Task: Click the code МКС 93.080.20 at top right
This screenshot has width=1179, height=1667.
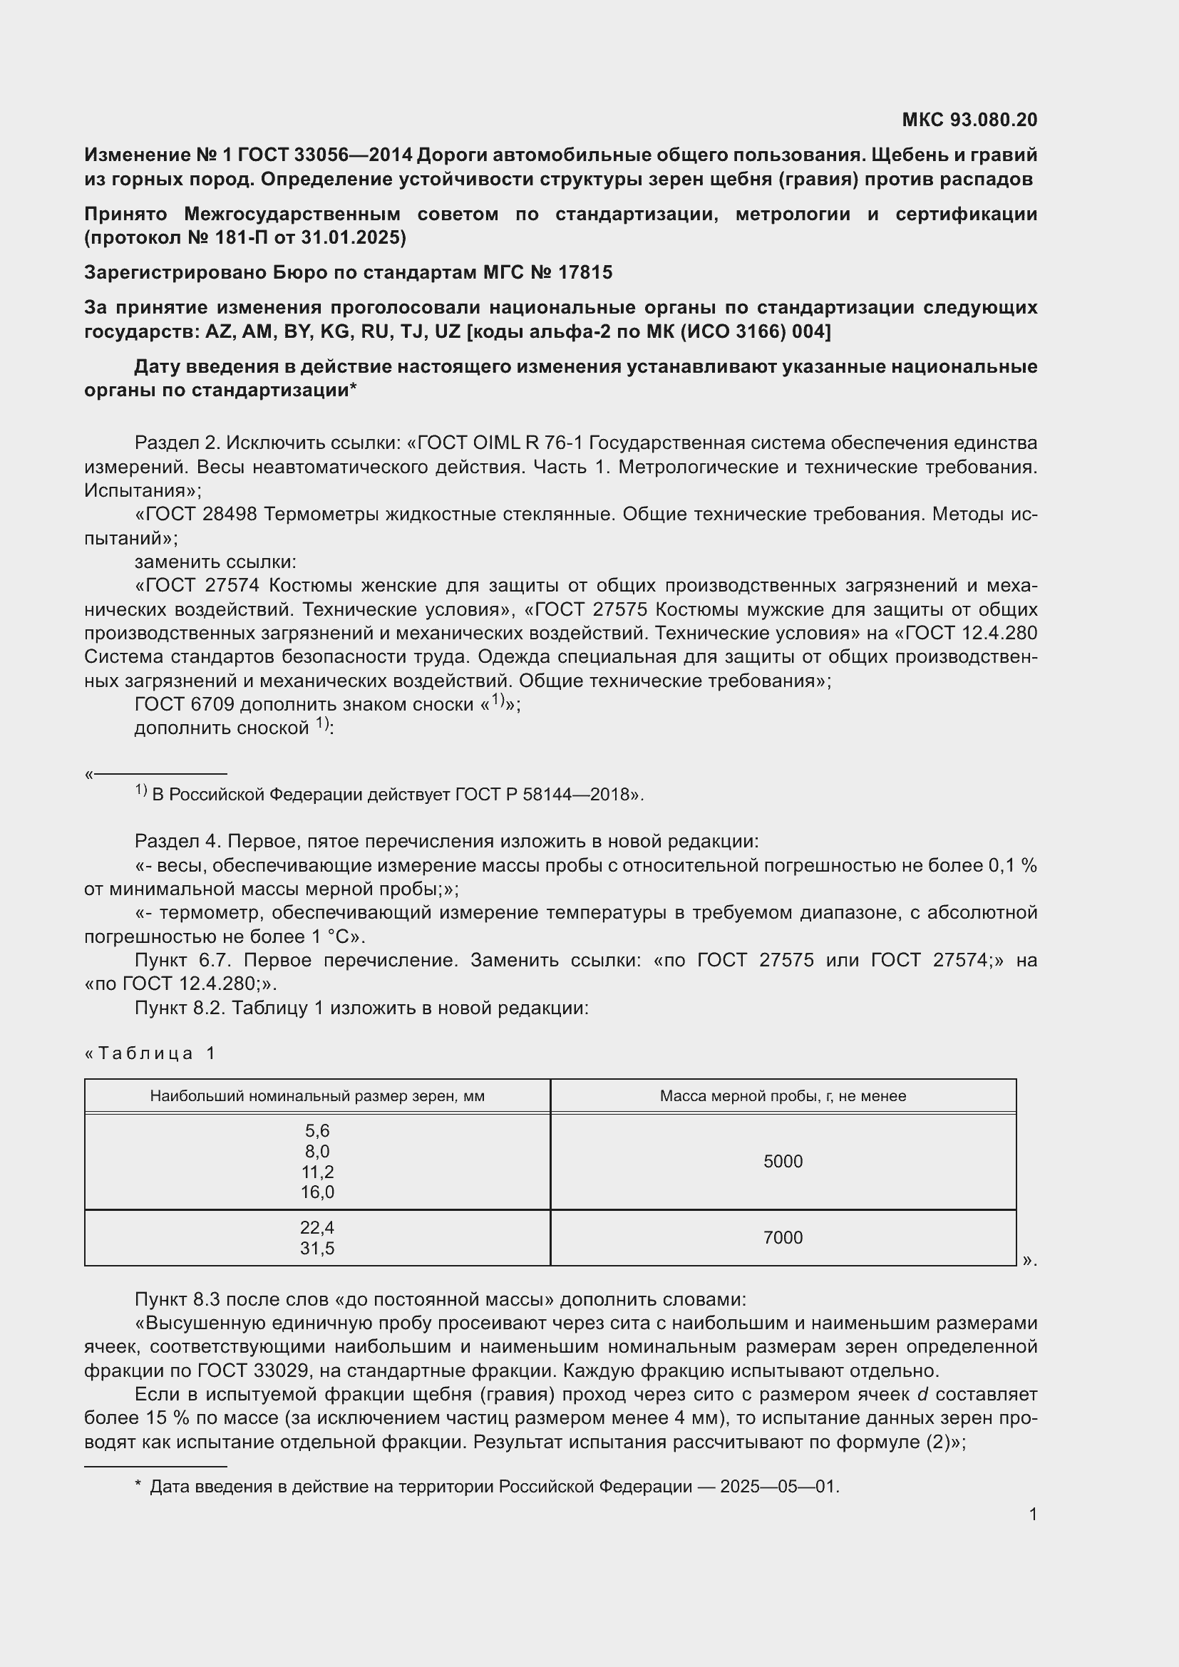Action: [x=969, y=120]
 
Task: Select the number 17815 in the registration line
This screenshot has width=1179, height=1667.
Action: [x=585, y=272]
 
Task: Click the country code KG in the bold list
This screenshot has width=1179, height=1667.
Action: [x=333, y=331]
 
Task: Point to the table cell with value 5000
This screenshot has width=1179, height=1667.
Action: [x=783, y=1161]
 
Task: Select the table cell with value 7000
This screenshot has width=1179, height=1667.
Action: [x=783, y=1237]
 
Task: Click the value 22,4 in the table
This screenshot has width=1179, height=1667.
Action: [x=317, y=1227]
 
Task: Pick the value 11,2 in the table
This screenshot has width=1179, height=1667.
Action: [x=317, y=1172]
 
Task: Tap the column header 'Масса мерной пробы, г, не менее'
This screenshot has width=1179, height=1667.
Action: [x=783, y=1095]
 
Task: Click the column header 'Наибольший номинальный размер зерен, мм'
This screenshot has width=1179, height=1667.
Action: [x=317, y=1095]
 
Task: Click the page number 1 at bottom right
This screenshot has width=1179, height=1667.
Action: [x=1032, y=1514]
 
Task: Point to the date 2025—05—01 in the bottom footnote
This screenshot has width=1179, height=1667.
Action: [x=778, y=1487]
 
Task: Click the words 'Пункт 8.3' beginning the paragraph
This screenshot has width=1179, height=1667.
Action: [x=173, y=1300]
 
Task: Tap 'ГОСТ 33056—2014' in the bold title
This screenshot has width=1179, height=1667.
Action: [x=324, y=155]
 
